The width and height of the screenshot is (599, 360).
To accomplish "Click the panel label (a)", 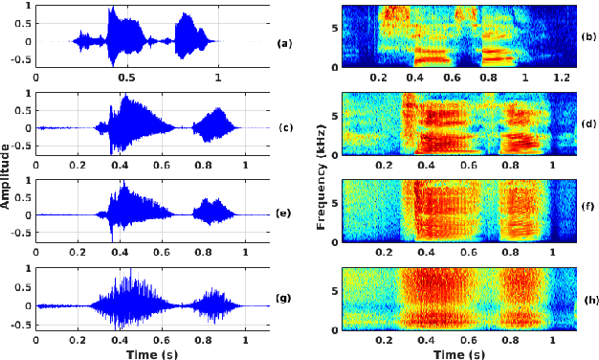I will coord(284,44).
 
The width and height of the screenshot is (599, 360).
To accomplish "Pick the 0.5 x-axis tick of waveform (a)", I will coord(126,78).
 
